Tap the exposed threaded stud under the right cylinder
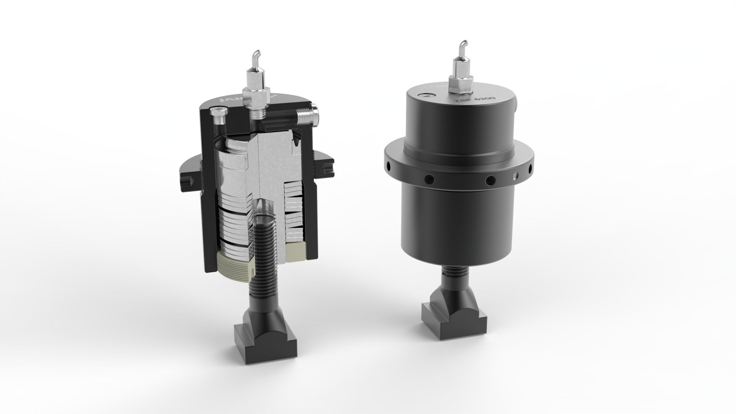tap(455, 273)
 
